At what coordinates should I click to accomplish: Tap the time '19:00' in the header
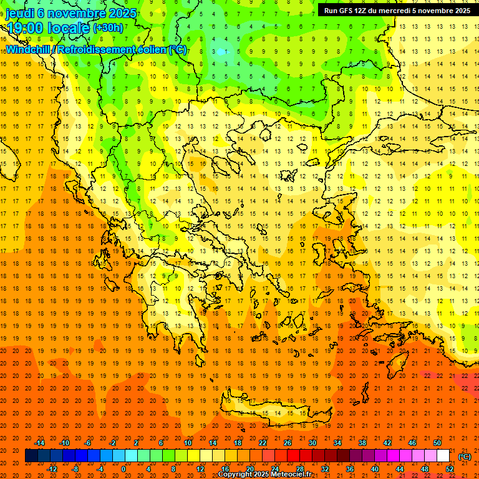click(x=23, y=28)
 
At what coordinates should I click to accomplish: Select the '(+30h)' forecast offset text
click(x=108, y=28)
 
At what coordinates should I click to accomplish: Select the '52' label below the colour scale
click(x=450, y=469)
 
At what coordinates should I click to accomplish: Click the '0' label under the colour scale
click(x=123, y=469)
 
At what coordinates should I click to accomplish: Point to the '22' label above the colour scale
click(x=263, y=442)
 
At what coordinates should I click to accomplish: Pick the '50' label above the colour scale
click(x=437, y=442)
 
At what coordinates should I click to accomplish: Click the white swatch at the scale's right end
click(x=443, y=456)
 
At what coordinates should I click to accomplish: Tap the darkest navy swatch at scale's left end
click(x=31, y=456)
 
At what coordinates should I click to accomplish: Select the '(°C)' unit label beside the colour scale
click(x=465, y=456)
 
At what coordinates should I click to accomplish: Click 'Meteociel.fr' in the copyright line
click(x=291, y=475)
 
